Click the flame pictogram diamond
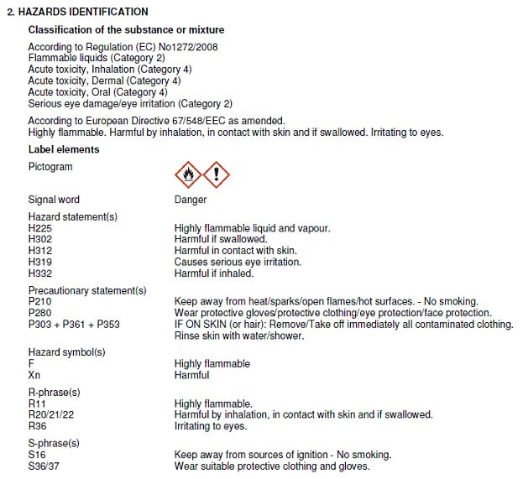pyautogui.click(x=188, y=175)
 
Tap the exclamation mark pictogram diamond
pyautogui.click(x=217, y=175)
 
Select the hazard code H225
pyautogui.click(x=40, y=228)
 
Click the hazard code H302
pyautogui.click(x=40, y=239)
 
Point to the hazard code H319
pyautogui.click(x=40, y=263)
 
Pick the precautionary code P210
pyautogui.click(x=40, y=302)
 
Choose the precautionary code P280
pyautogui.click(x=40, y=313)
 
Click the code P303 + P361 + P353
pyautogui.click(x=74, y=325)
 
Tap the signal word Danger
pyautogui.click(x=190, y=200)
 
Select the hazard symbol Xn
pyautogui.click(x=34, y=376)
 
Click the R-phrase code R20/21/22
pyautogui.click(x=52, y=415)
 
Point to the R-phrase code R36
pyautogui.click(x=37, y=426)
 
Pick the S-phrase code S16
pyautogui.click(x=37, y=455)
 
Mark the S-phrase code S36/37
pyautogui.click(x=44, y=466)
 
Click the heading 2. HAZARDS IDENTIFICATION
pyautogui.click(x=76, y=13)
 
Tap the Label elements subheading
pyautogui.click(x=64, y=150)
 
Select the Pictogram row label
pyautogui.click(x=50, y=167)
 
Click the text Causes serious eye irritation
pyautogui.click(x=238, y=263)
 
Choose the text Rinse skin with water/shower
pyautogui.click(x=239, y=336)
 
